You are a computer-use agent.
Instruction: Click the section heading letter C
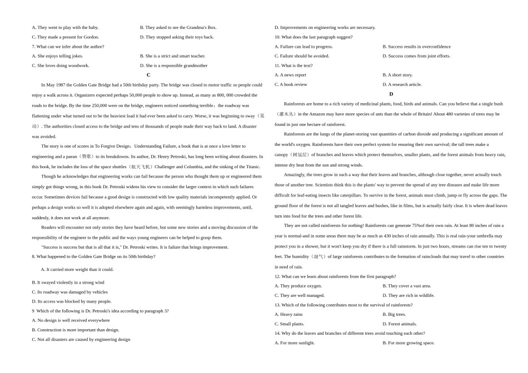tap(148, 75)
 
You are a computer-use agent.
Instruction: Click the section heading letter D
tap(391, 94)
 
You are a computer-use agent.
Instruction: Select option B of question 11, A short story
tap(397, 75)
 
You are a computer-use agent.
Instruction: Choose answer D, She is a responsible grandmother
tap(173, 65)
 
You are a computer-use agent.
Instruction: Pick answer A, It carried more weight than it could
tap(77, 269)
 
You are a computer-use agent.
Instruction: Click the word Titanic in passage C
tap(253, 167)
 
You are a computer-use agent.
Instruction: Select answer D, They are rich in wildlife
tap(409, 295)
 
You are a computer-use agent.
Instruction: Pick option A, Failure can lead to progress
tap(303, 47)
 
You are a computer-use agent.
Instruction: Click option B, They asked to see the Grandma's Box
tap(178, 28)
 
